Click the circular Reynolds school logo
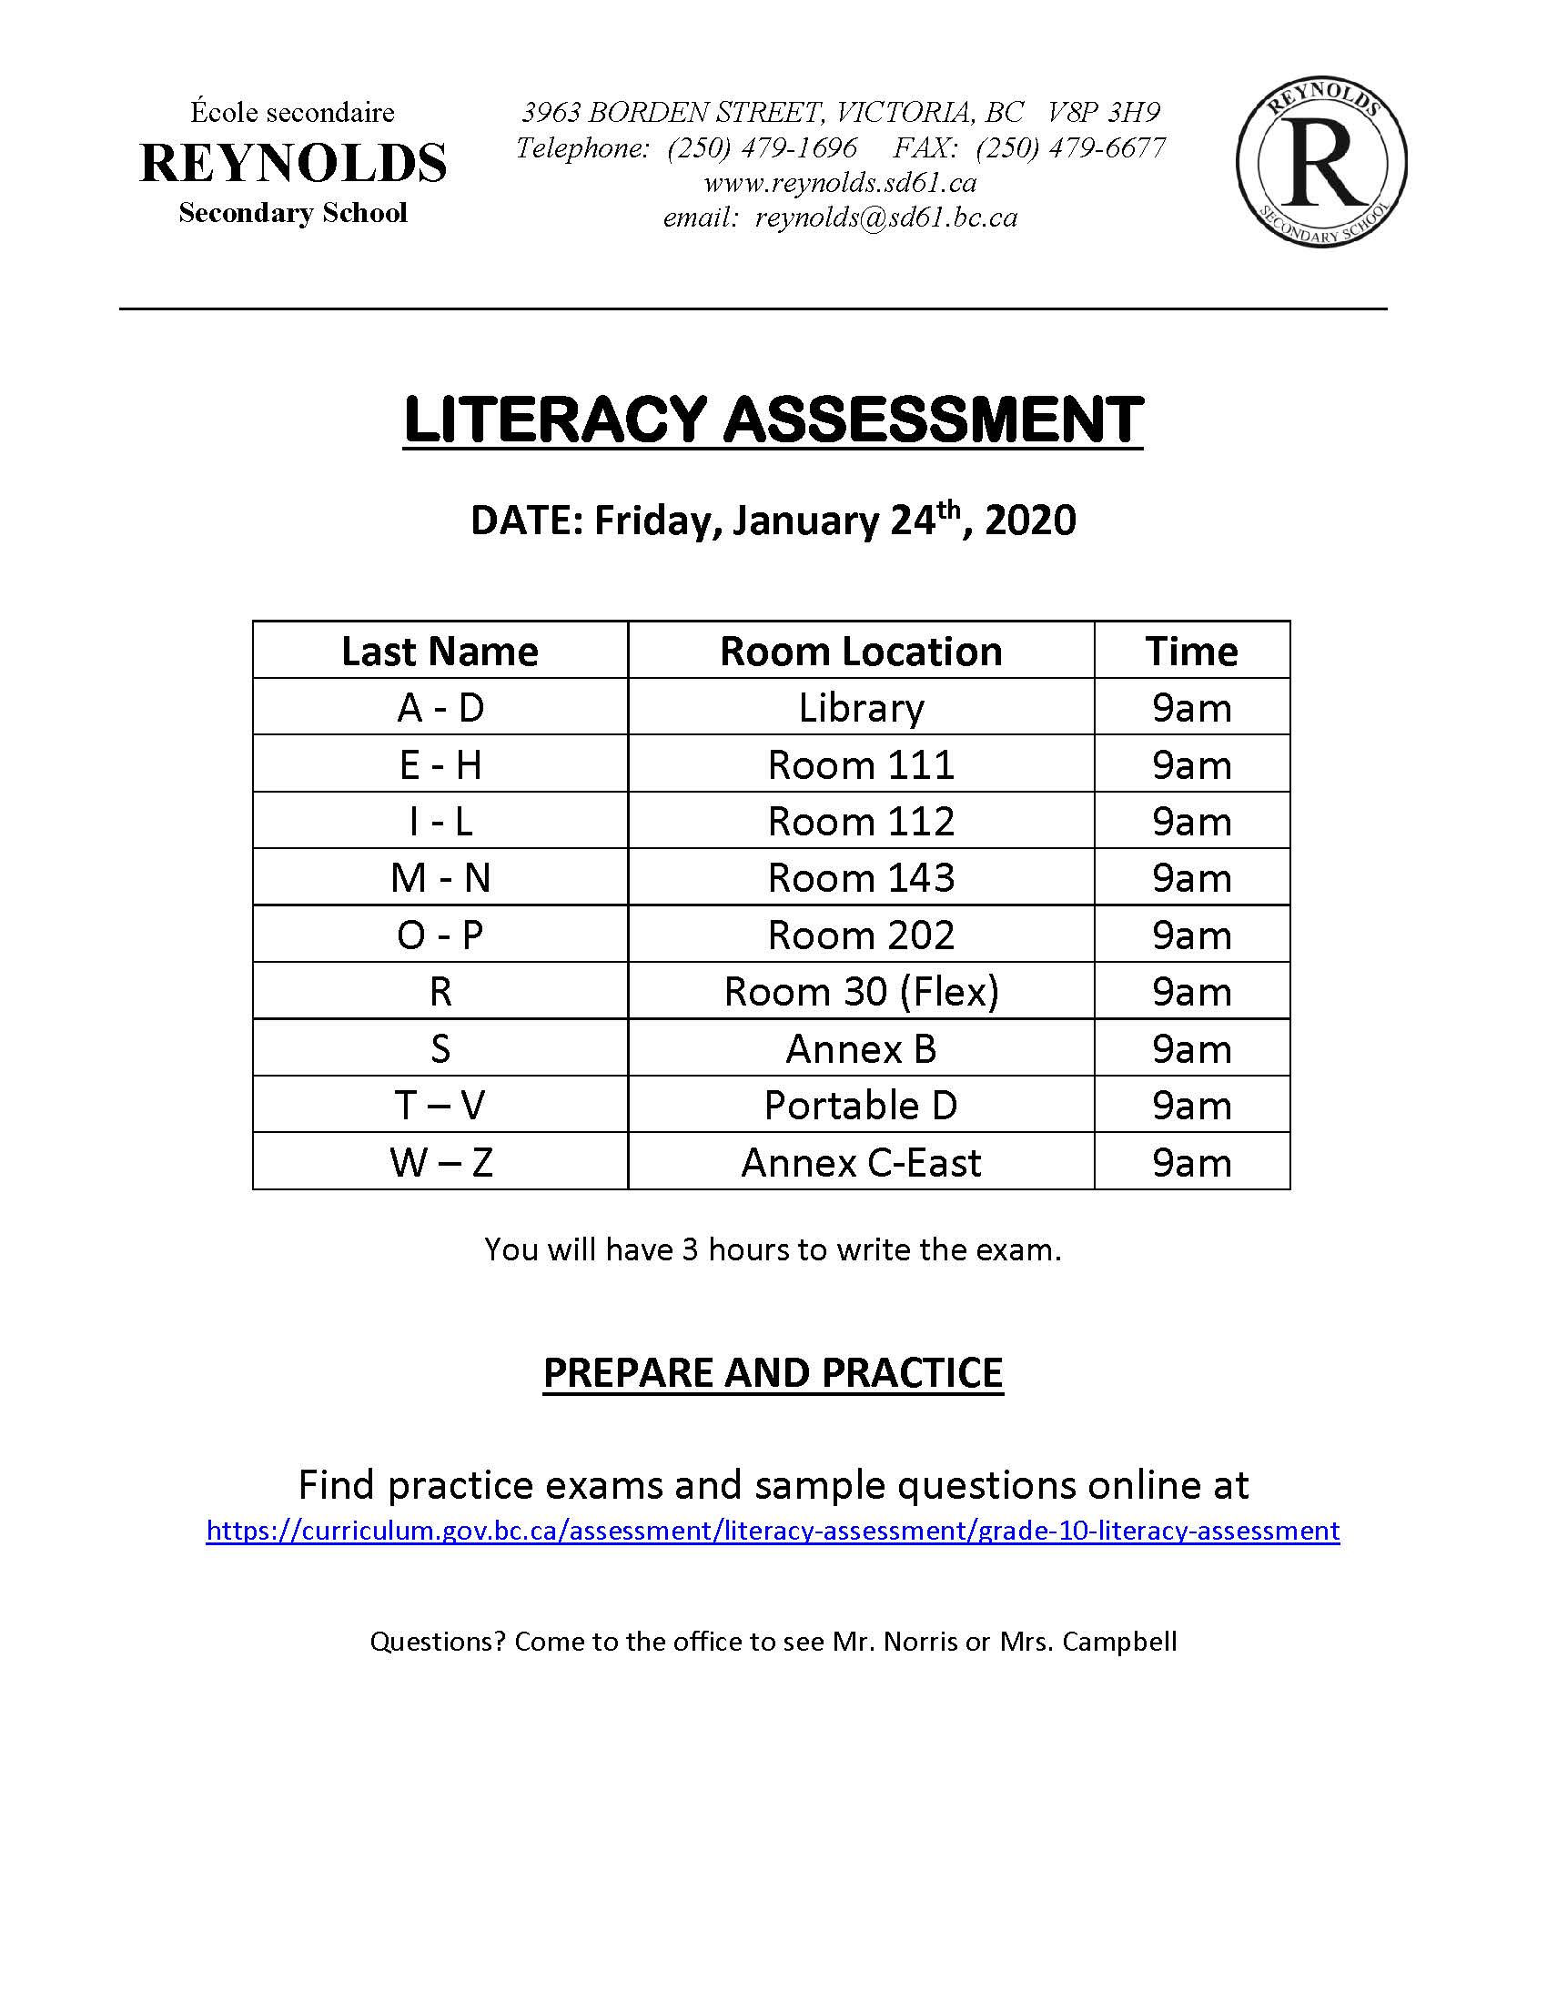(x=1320, y=162)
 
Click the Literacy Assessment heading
(x=773, y=420)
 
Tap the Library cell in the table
(x=861, y=708)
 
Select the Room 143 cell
(x=861, y=878)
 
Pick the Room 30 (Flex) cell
(x=861, y=992)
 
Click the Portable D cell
(x=861, y=1106)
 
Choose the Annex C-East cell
(x=861, y=1162)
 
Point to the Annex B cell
(x=861, y=1048)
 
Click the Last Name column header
(x=440, y=652)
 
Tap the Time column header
(x=1191, y=652)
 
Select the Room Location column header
(x=861, y=652)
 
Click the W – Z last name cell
(x=440, y=1162)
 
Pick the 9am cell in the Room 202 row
(x=1191, y=935)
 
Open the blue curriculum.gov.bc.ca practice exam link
(x=773, y=1531)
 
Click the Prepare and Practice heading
(x=773, y=1373)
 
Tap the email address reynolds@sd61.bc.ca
(x=885, y=218)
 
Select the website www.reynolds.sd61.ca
(x=840, y=183)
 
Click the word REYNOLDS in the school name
(x=293, y=163)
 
